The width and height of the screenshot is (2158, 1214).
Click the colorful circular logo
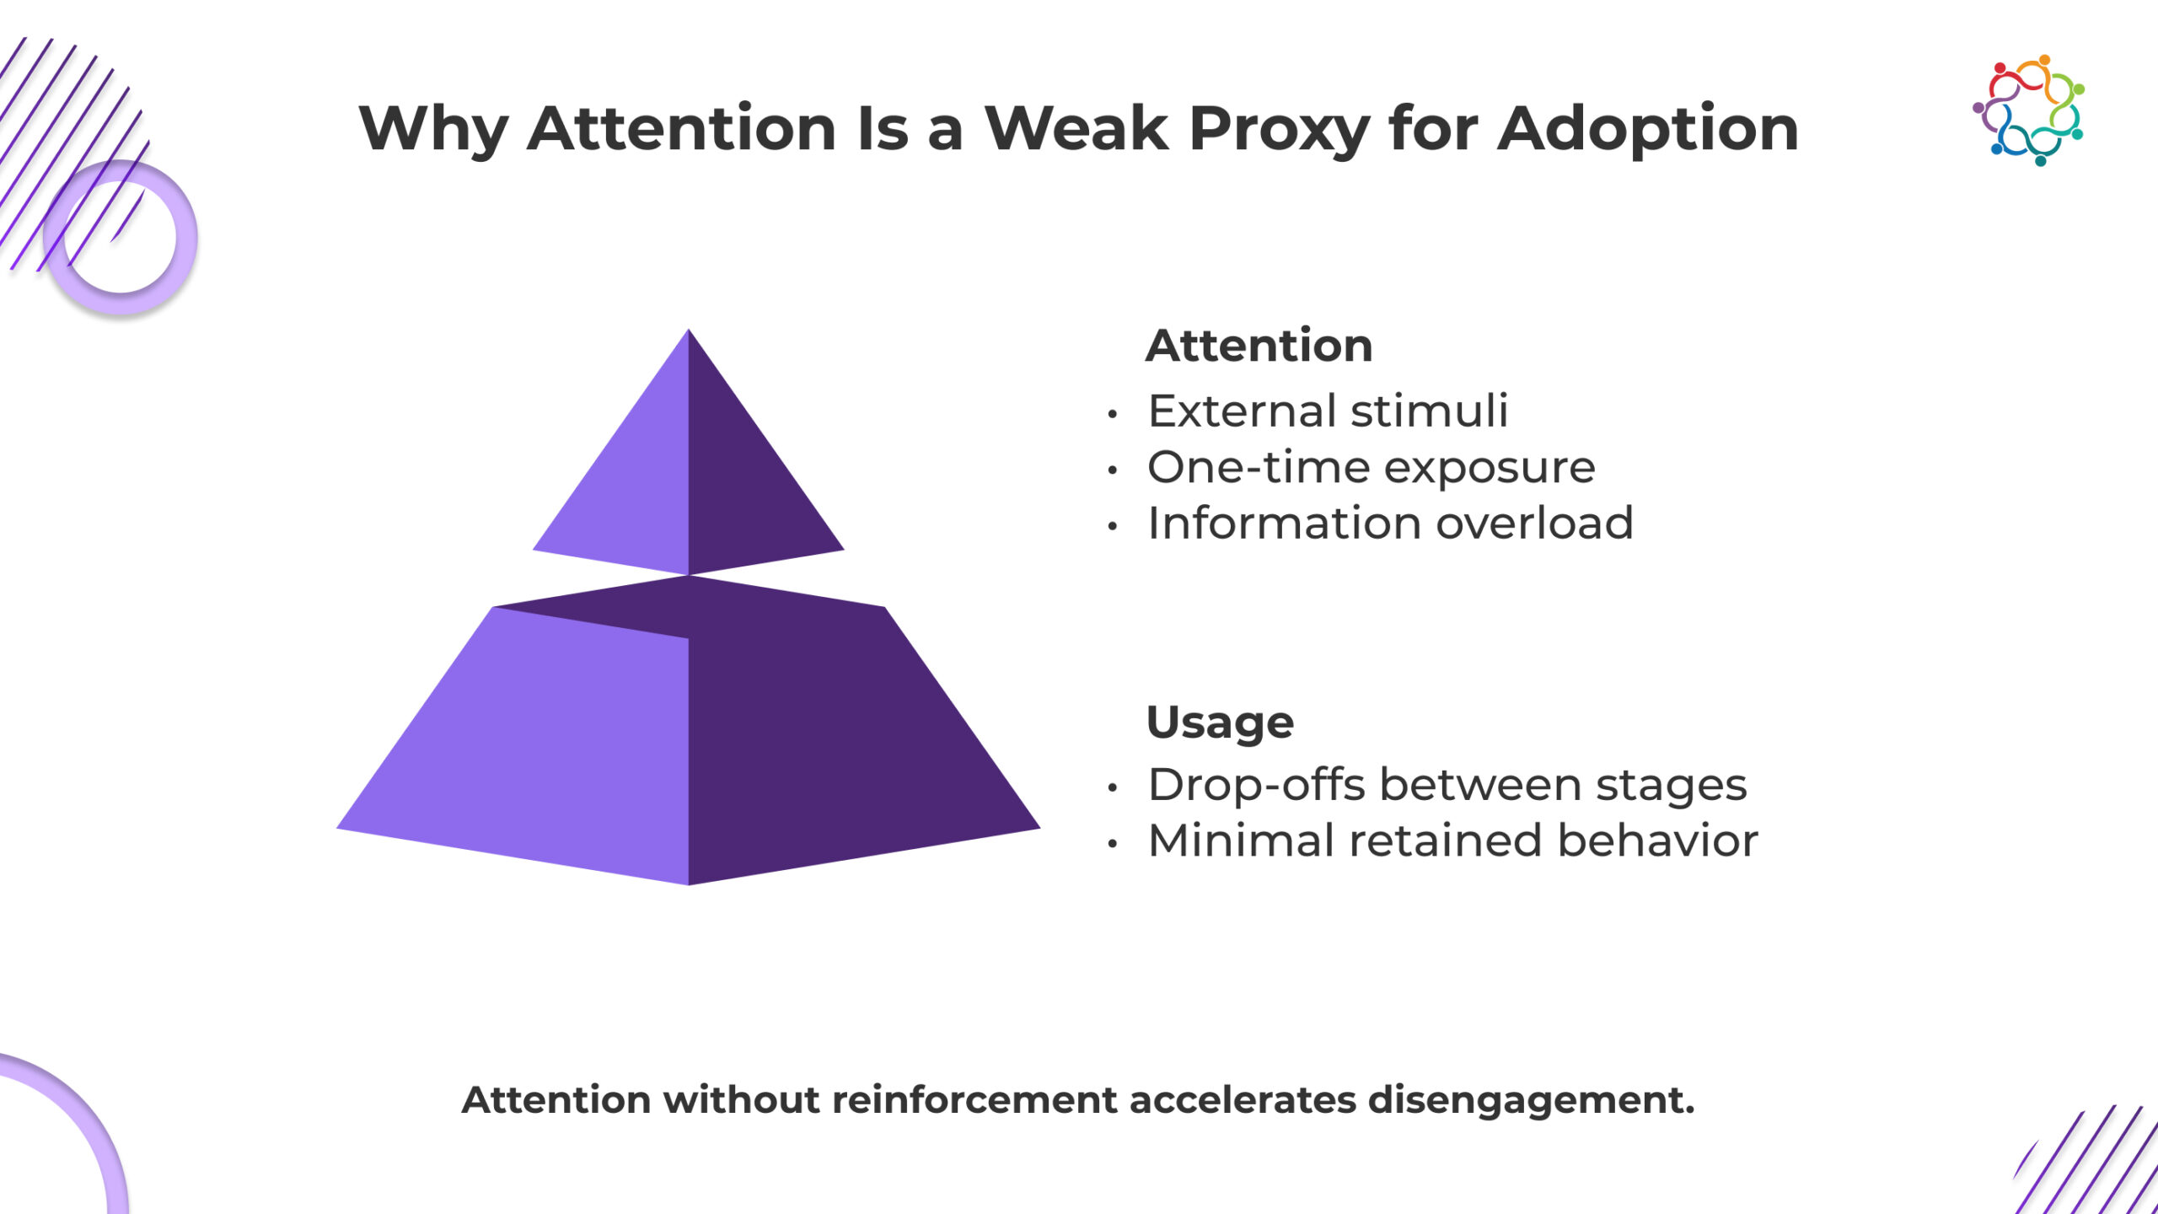2029,110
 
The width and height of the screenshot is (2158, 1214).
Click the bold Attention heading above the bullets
1259,346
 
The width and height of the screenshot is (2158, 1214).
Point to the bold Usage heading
1220,722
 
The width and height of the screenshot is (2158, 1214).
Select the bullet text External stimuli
1328,411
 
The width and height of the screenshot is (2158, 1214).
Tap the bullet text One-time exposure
1372,467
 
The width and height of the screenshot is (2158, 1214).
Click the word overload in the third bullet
1534,523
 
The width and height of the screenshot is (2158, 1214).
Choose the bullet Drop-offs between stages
1447,785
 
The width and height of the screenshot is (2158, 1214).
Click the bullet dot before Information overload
1113,526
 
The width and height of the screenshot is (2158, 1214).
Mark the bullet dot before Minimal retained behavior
1113,843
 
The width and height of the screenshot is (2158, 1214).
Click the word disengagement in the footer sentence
1531,1101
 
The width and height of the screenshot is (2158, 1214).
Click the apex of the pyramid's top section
689,330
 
